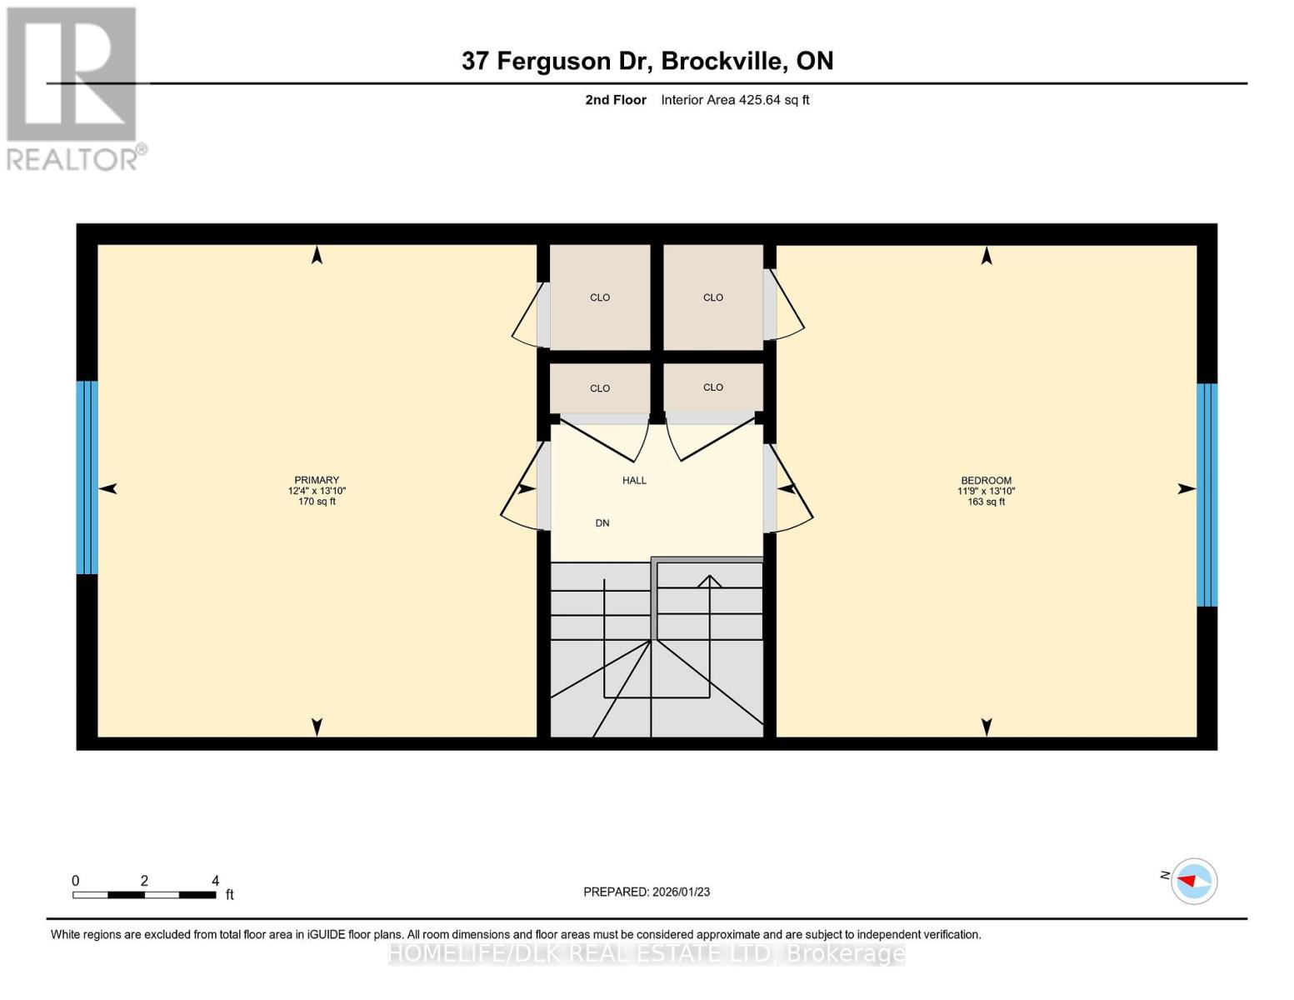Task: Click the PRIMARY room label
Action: point(317,480)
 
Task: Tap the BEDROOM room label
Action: point(986,480)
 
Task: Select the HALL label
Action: point(634,480)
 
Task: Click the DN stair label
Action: point(602,523)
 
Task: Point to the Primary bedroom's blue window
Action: point(87,477)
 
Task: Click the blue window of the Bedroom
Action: point(1207,495)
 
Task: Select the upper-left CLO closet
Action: point(600,297)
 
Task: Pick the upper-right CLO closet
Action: point(713,297)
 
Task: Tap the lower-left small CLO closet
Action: point(600,388)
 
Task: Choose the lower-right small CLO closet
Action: point(713,387)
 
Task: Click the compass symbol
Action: point(1194,881)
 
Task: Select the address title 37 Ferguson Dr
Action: point(647,61)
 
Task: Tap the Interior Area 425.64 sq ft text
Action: point(735,100)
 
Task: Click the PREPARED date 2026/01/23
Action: point(647,892)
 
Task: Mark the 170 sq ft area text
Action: point(317,502)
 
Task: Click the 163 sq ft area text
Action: point(986,502)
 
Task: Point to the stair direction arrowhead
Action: point(709,581)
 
